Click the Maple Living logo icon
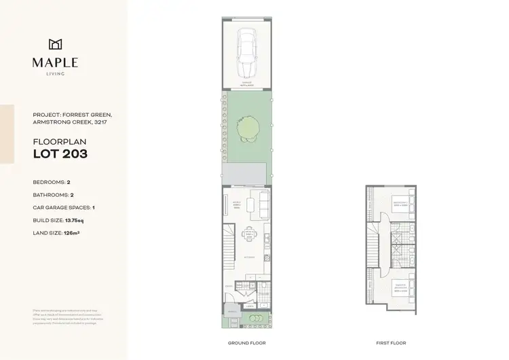pyautogui.click(x=55, y=45)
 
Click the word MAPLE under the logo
pyautogui.click(x=55, y=62)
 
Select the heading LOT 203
pyautogui.click(x=60, y=154)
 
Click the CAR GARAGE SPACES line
pyautogui.click(x=67, y=208)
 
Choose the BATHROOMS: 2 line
pyautogui.click(x=54, y=195)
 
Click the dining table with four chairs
pyautogui.click(x=249, y=234)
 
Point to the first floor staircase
pyautogui.click(x=373, y=245)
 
